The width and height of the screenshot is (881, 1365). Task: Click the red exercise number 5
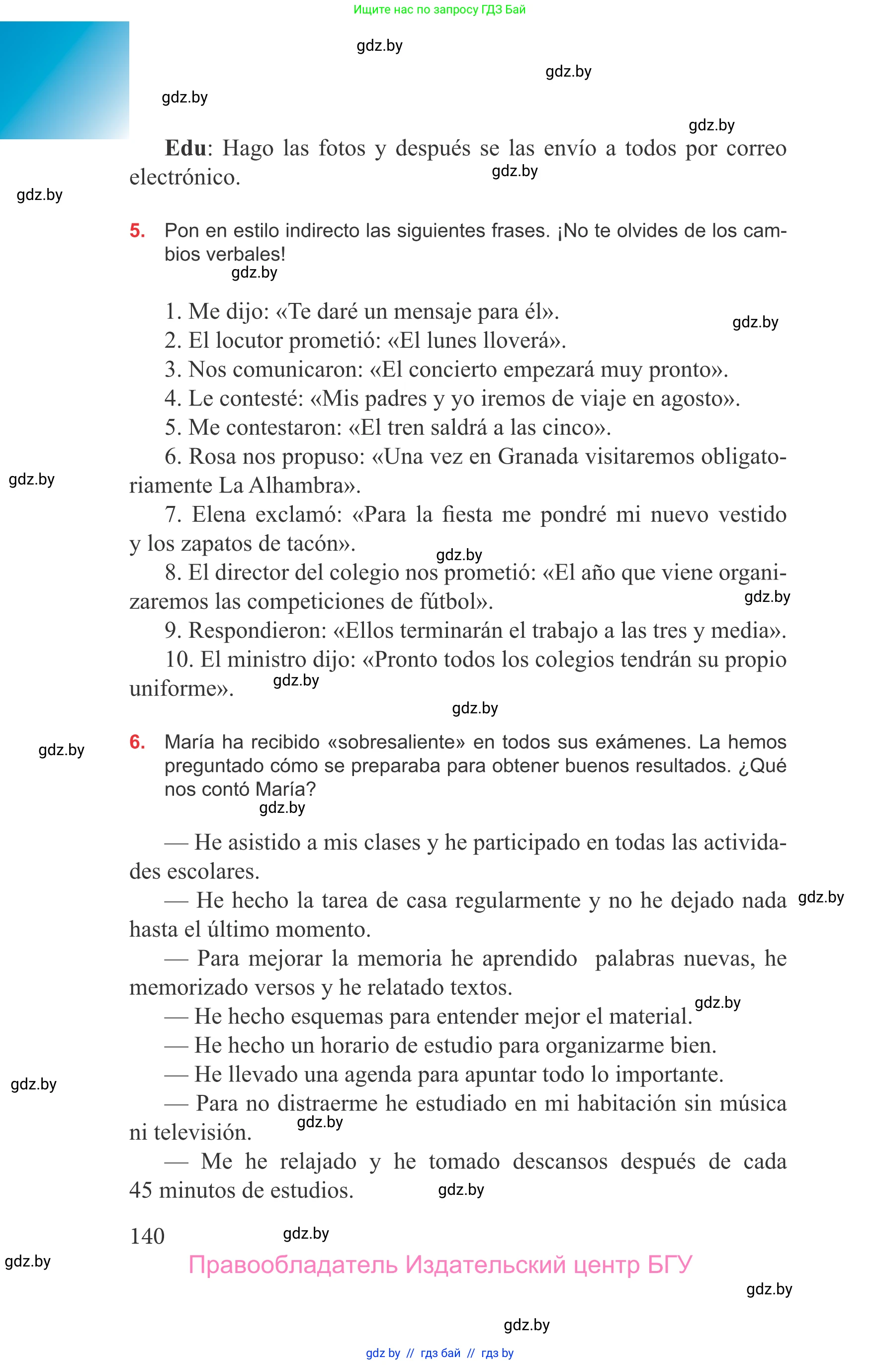tap(137, 231)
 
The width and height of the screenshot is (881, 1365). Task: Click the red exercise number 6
tap(137, 742)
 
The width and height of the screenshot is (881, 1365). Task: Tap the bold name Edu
tap(185, 148)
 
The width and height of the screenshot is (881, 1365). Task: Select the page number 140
tap(147, 1236)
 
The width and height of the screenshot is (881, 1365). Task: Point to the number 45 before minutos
tap(141, 1190)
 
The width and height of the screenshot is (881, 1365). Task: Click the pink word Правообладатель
tap(292, 1266)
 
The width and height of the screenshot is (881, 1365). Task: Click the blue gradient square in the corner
tap(64, 80)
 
